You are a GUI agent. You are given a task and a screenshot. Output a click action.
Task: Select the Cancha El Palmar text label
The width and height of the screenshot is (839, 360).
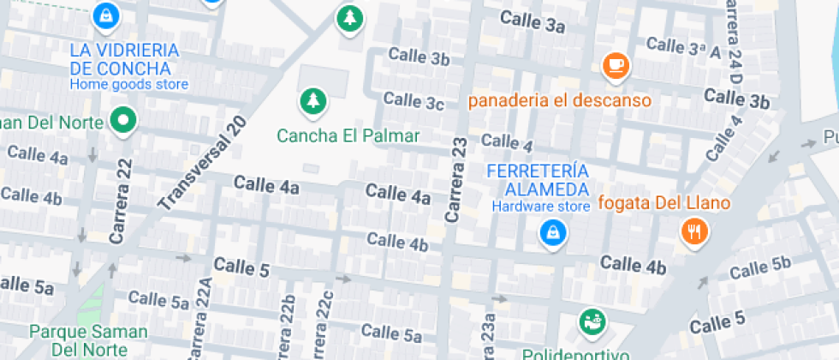coord(348,135)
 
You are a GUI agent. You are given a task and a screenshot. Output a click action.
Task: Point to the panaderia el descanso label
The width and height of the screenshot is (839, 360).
coord(559,100)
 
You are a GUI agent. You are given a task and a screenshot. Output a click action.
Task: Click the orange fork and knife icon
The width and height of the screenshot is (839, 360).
coord(693,231)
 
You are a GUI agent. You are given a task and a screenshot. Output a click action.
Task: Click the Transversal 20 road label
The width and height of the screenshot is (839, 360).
coord(204,163)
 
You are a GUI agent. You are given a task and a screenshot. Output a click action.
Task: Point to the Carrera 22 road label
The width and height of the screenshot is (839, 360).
coord(122,201)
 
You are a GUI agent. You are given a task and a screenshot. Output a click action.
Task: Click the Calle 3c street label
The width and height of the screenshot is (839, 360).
coord(414,100)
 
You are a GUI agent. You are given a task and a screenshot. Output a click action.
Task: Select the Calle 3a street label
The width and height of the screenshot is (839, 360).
coord(533,22)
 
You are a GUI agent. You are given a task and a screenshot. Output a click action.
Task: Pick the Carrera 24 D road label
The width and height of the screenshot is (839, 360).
coord(734,43)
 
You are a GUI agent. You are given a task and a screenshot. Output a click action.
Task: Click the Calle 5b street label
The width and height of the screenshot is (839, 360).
coord(760,267)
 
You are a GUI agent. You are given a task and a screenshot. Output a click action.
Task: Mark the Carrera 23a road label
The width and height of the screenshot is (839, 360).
coord(489,330)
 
